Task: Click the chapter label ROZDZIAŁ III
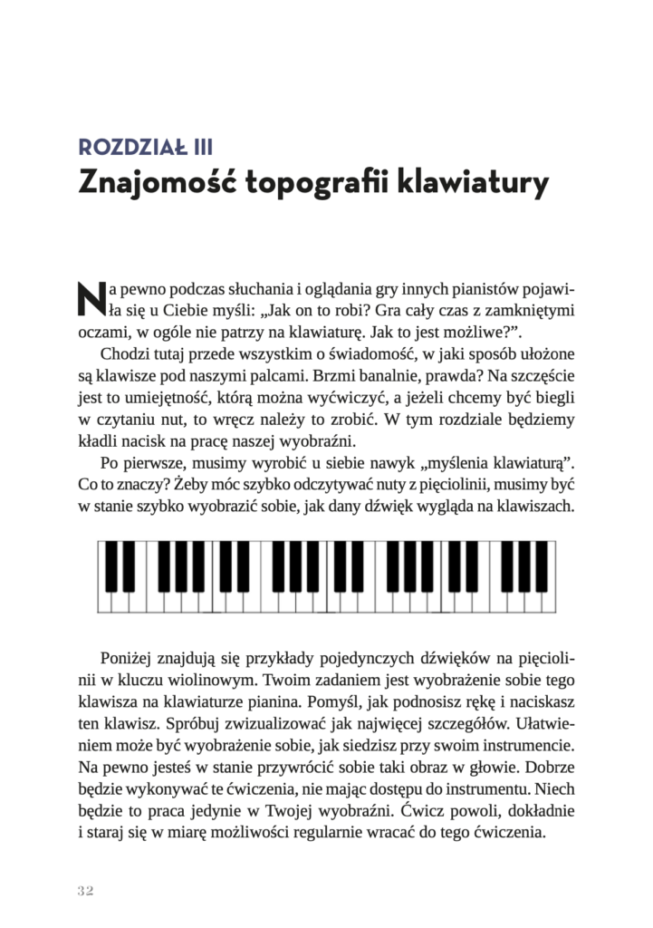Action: pos(146,146)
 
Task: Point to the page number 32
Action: pos(86,890)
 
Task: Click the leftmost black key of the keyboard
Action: pos(114,564)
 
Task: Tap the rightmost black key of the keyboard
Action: pos(542,564)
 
